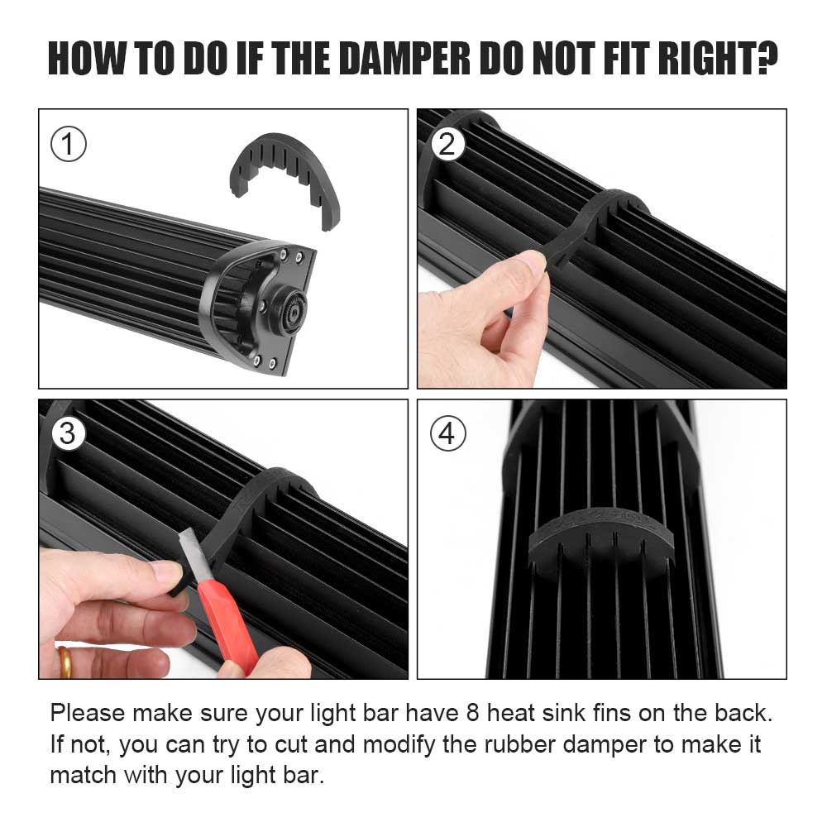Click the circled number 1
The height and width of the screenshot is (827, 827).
[x=69, y=145]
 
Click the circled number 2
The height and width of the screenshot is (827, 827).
[x=447, y=144]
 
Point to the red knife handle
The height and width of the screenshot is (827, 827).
[x=228, y=625]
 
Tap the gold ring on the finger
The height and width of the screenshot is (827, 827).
[x=65, y=662]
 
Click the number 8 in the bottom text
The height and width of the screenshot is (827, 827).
[x=472, y=713]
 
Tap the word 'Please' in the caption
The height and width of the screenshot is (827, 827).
[x=88, y=713]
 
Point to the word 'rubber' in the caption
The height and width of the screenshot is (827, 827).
[x=519, y=744]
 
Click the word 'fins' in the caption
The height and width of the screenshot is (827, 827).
[x=611, y=713]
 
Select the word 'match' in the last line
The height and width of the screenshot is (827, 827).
[x=83, y=776]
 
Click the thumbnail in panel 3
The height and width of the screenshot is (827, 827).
[x=168, y=571]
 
